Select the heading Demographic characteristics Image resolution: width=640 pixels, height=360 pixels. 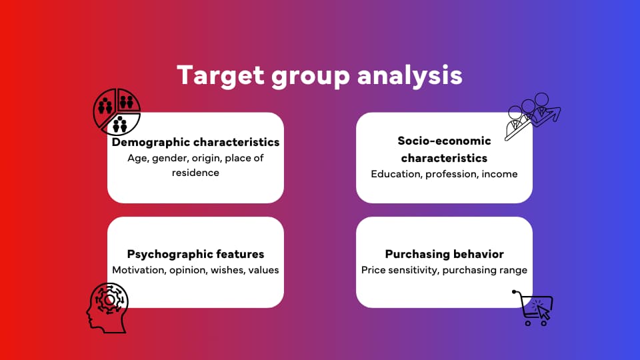195,142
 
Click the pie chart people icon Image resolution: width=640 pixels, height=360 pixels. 117,111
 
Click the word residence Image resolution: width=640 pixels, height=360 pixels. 195,173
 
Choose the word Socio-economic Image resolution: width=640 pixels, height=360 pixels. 444,141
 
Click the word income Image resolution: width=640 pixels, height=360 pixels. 500,174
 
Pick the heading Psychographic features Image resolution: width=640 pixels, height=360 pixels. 195,254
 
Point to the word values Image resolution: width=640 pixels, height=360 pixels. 263,270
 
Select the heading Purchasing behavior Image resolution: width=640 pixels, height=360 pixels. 444,254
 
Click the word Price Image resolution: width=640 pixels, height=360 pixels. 374,270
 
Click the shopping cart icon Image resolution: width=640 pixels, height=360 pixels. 534,307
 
